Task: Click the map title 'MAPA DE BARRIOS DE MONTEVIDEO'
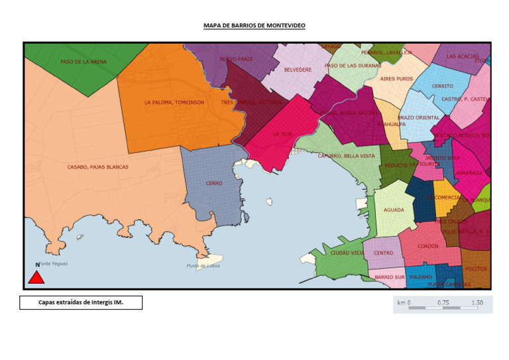254,26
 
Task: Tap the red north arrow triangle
36,278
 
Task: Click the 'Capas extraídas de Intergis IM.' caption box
81,302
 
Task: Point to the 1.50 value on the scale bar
477,303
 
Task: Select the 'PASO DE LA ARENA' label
84,62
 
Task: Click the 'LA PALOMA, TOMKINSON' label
174,103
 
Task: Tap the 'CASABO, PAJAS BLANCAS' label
98,167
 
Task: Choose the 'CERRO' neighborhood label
214,183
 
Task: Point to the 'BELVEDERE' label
298,69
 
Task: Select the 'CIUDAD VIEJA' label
347,253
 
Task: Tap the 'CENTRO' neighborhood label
383,253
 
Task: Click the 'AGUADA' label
394,210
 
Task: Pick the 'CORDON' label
427,246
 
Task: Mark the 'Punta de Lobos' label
203,266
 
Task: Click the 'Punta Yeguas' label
53,264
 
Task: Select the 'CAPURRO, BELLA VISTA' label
341,156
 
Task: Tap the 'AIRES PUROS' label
396,78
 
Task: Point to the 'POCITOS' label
476,269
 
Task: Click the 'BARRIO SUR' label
390,277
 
